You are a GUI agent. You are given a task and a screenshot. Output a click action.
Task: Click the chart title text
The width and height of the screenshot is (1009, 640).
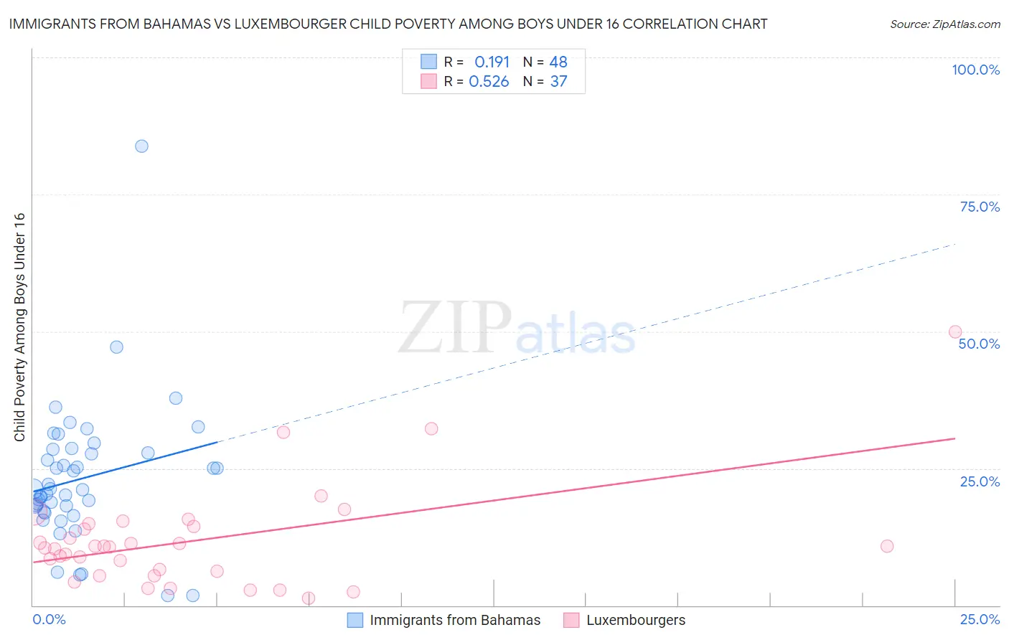(x=388, y=24)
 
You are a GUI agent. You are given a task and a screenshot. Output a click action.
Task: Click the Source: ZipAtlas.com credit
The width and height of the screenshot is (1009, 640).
(x=944, y=24)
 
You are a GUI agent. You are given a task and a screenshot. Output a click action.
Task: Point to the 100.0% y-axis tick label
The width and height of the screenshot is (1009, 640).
(x=975, y=70)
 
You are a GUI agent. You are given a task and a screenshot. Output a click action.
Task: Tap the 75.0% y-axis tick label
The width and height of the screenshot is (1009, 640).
(x=980, y=207)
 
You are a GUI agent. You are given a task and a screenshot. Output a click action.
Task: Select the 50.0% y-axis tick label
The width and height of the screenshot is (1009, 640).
(x=979, y=344)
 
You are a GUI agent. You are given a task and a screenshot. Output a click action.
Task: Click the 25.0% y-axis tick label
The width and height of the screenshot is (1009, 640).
(x=980, y=481)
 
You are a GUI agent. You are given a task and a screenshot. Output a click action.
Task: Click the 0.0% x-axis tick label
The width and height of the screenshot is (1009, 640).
(x=49, y=619)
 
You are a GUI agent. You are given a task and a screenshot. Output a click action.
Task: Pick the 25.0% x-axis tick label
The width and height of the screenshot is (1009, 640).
(x=980, y=619)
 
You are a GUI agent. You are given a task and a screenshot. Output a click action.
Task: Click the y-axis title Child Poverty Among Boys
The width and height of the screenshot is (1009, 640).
(x=19, y=327)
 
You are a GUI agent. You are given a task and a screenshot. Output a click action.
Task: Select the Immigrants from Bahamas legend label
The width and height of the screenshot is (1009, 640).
(x=455, y=620)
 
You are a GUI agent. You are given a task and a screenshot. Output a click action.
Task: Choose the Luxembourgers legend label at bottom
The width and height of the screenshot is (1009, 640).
(x=635, y=620)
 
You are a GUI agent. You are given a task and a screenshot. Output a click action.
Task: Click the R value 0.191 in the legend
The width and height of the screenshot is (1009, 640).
(x=492, y=62)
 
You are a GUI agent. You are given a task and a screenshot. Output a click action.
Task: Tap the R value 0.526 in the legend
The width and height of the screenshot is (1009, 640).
(x=489, y=81)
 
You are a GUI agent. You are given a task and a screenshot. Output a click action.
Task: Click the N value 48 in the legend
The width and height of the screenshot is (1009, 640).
(x=558, y=62)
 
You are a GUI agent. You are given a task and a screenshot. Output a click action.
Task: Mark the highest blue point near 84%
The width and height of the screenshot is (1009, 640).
(x=141, y=146)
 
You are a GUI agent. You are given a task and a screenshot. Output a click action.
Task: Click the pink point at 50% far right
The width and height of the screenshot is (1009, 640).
(x=954, y=331)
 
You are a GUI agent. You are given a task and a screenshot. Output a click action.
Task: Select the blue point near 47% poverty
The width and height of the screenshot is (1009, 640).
(x=116, y=347)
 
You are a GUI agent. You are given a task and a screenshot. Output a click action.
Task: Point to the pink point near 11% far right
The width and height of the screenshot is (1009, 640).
(x=886, y=546)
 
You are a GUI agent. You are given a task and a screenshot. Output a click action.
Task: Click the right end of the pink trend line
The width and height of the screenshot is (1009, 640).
(x=954, y=438)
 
